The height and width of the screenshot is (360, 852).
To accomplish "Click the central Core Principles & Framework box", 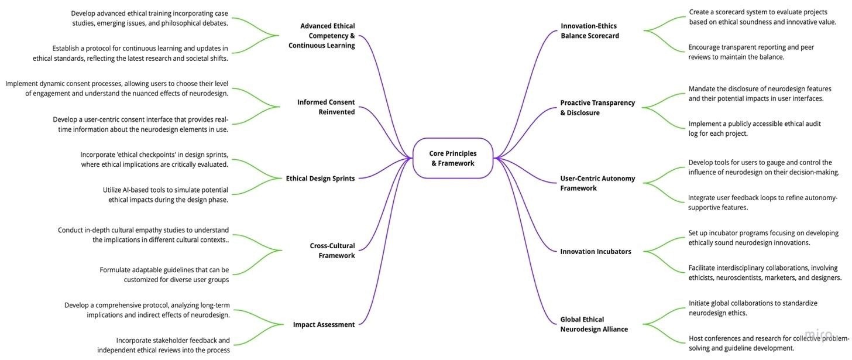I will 453,158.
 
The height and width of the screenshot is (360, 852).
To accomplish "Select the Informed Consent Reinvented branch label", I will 326,107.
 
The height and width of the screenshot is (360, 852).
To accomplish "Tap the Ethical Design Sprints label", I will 320,179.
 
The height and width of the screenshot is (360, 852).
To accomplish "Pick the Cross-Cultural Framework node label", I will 332,251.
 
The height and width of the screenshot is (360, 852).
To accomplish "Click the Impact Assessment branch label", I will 324,325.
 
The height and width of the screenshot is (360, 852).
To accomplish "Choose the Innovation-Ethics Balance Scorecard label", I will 589,31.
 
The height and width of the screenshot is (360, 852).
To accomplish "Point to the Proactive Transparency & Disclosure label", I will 597,108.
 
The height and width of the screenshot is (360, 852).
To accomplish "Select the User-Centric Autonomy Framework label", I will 597,183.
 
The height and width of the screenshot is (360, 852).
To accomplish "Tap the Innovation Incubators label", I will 596,252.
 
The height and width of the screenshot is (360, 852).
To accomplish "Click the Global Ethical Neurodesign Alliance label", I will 594,324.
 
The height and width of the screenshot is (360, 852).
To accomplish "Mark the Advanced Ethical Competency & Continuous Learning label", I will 322,36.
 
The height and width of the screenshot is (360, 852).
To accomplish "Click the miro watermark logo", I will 818,334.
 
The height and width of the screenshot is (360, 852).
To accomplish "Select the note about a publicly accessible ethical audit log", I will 754,129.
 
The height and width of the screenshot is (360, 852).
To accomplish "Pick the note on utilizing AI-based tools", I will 166,195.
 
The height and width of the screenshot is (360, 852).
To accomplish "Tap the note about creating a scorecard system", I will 762,17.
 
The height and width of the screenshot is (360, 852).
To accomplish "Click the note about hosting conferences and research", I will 769,343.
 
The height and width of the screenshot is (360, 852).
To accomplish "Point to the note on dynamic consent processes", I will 117,88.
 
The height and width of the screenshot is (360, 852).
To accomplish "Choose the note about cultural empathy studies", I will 143,235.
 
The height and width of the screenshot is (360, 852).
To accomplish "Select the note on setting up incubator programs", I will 763,238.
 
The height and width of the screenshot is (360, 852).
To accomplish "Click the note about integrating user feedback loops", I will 762,203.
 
